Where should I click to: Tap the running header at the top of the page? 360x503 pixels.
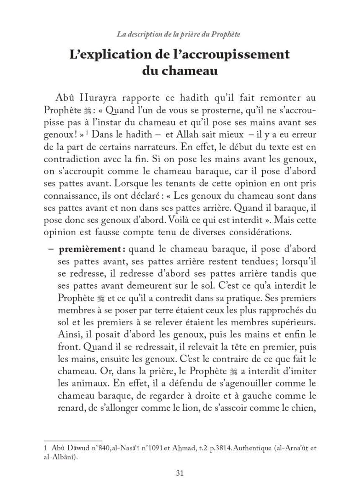[x=179, y=34]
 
